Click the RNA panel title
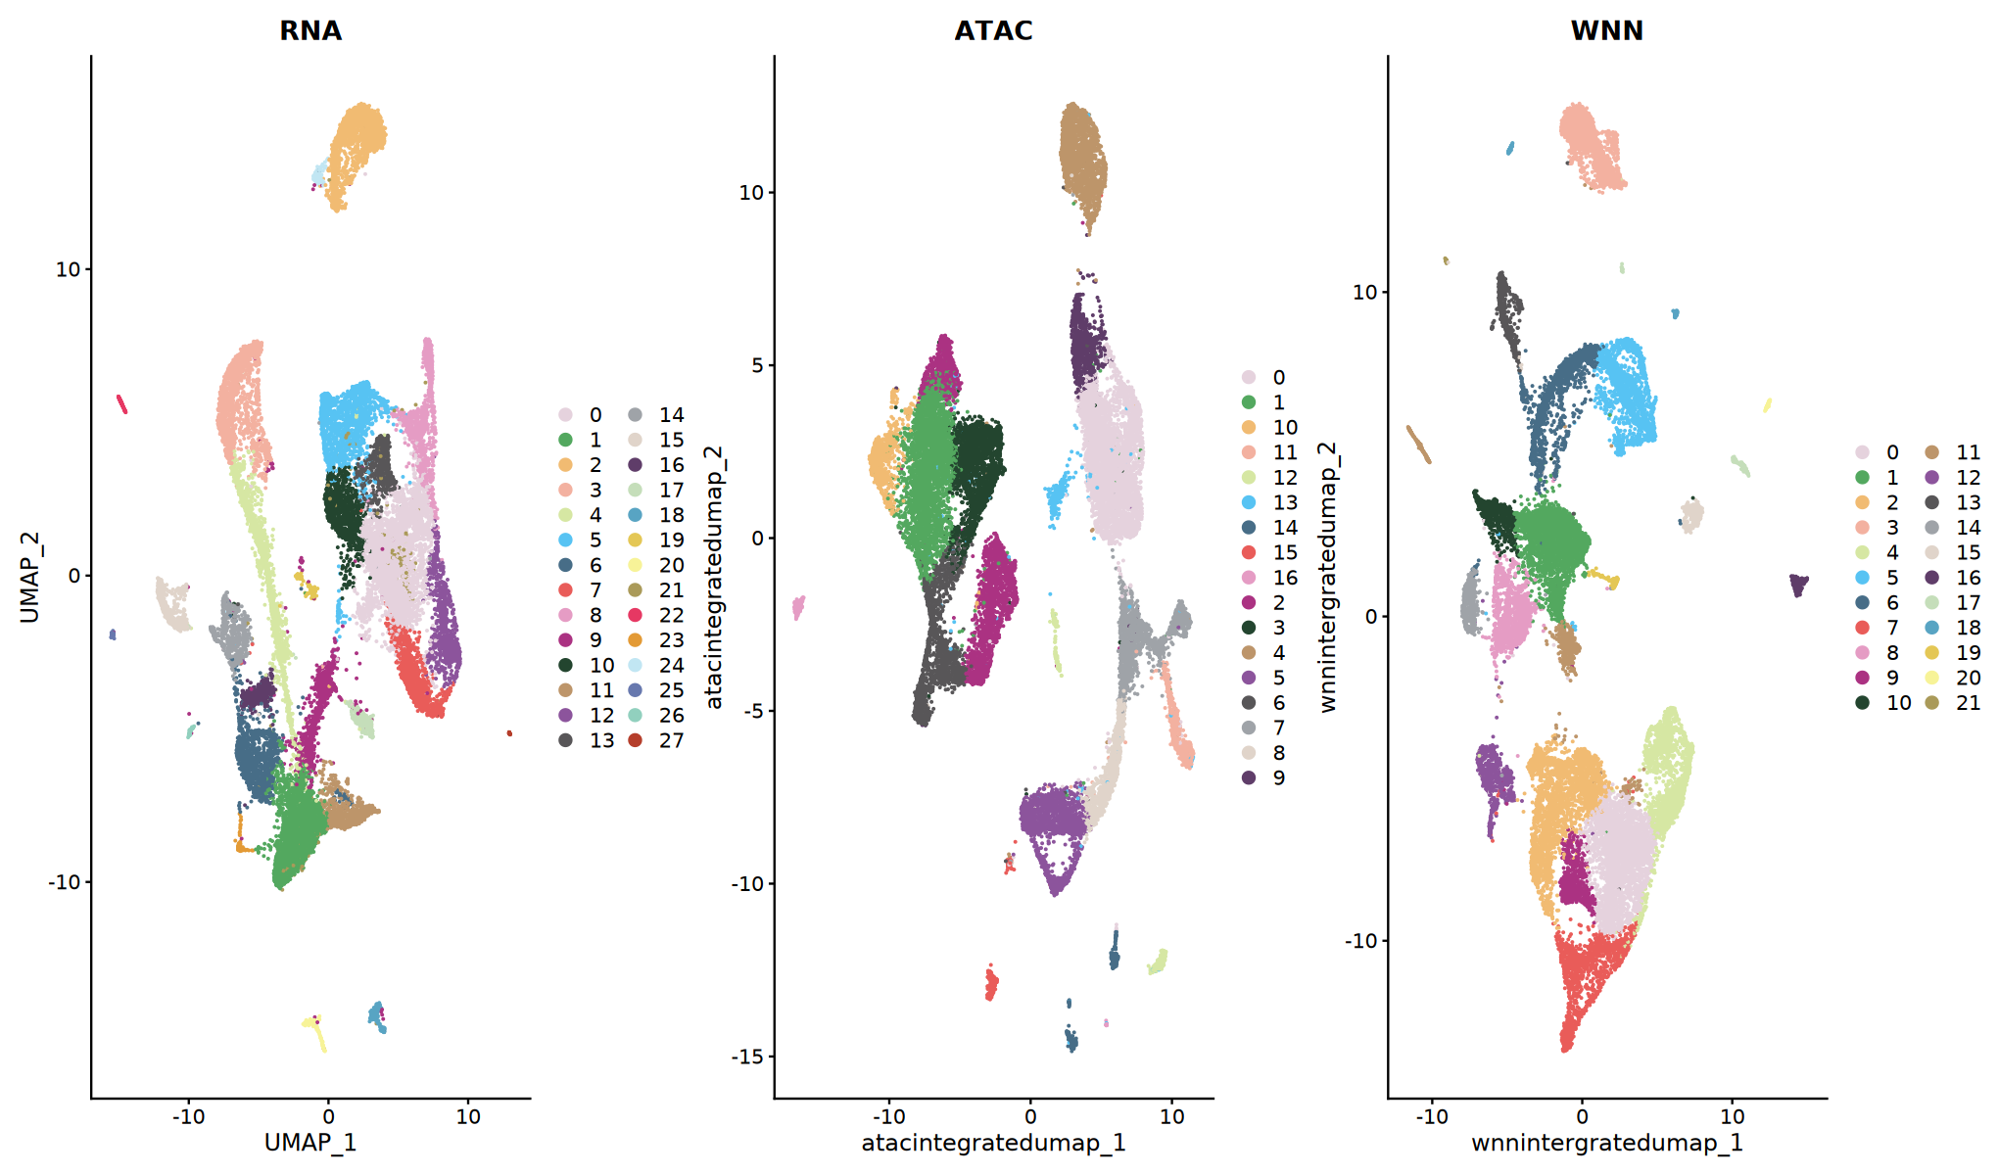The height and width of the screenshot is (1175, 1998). (310, 31)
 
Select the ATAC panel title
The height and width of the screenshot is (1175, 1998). (993, 31)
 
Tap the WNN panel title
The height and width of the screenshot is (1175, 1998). (1606, 31)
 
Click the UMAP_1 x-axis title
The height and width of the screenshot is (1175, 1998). (310, 1143)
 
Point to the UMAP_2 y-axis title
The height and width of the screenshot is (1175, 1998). (29, 578)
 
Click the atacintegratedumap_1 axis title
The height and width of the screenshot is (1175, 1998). (993, 1143)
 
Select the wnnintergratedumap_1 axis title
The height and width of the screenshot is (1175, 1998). (1606, 1143)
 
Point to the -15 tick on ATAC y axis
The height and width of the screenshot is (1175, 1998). (748, 1057)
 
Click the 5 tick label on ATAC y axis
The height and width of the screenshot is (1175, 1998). (756, 365)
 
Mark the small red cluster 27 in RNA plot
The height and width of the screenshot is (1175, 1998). (509, 732)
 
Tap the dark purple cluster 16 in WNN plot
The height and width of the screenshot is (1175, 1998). (1798, 585)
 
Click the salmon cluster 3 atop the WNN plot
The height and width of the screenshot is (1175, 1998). (1592, 147)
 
